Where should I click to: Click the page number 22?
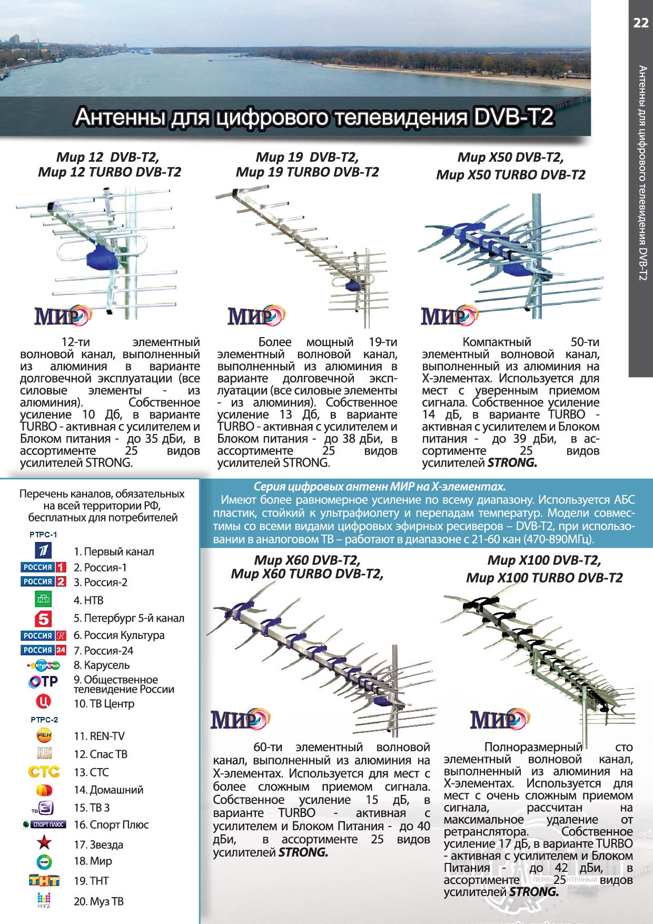[640, 23]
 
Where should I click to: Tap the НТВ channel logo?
[43, 599]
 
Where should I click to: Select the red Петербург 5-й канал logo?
[43, 618]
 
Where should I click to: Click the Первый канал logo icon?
[43, 551]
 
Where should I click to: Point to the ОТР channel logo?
[43, 682]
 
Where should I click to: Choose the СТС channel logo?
[44, 772]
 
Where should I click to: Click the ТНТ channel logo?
[44, 880]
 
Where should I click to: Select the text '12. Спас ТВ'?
[101, 754]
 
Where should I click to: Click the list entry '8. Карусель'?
[102, 665]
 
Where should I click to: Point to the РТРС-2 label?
[44, 720]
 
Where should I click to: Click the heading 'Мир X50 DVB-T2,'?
[510, 158]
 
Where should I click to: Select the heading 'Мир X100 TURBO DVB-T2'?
[544, 578]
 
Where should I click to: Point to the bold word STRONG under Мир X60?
[303, 852]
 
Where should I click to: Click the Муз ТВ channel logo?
[44, 900]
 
